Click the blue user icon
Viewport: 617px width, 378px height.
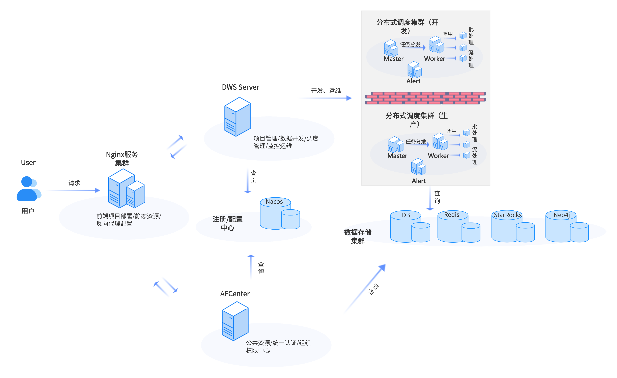tap(28, 189)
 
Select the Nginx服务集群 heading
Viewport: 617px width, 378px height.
tap(122, 158)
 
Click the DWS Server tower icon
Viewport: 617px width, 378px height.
tap(237, 117)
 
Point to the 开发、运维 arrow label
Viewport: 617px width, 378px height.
tap(326, 91)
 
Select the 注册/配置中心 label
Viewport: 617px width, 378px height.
tap(227, 223)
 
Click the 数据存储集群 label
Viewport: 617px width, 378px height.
tap(358, 236)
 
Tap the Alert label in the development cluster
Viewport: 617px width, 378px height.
tap(413, 81)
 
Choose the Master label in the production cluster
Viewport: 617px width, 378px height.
tap(397, 156)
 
